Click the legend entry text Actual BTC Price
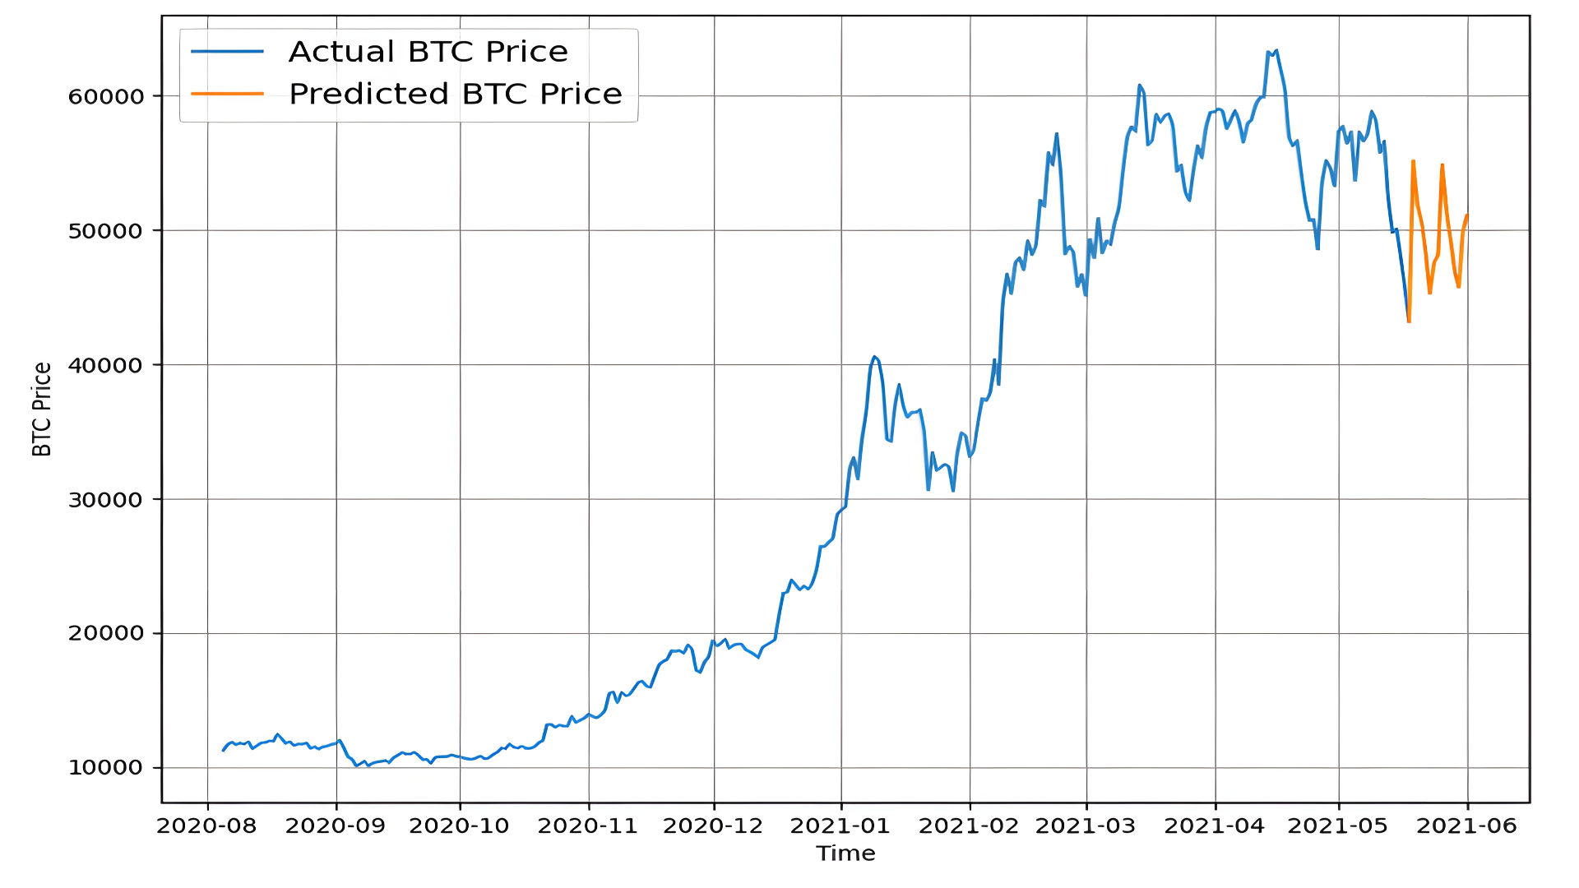click(x=428, y=52)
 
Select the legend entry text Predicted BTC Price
click(x=455, y=94)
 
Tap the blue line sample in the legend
click(x=227, y=52)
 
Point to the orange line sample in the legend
click(x=227, y=94)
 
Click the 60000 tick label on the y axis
click(x=106, y=96)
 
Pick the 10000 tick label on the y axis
click(x=106, y=768)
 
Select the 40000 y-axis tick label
click(x=106, y=365)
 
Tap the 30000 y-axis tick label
click(x=106, y=500)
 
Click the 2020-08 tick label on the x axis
click(x=206, y=826)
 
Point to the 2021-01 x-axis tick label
click(x=840, y=826)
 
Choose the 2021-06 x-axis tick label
click(x=1466, y=826)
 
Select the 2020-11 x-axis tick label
click(x=588, y=826)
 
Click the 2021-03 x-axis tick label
click(x=1086, y=826)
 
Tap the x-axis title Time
click(x=845, y=853)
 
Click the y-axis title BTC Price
click(x=42, y=409)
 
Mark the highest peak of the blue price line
click(x=1276, y=50)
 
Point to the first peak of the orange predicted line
click(x=1413, y=161)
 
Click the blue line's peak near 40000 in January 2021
click(x=874, y=357)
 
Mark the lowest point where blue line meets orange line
click(x=1409, y=321)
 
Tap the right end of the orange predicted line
click(x=1467, y=215)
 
